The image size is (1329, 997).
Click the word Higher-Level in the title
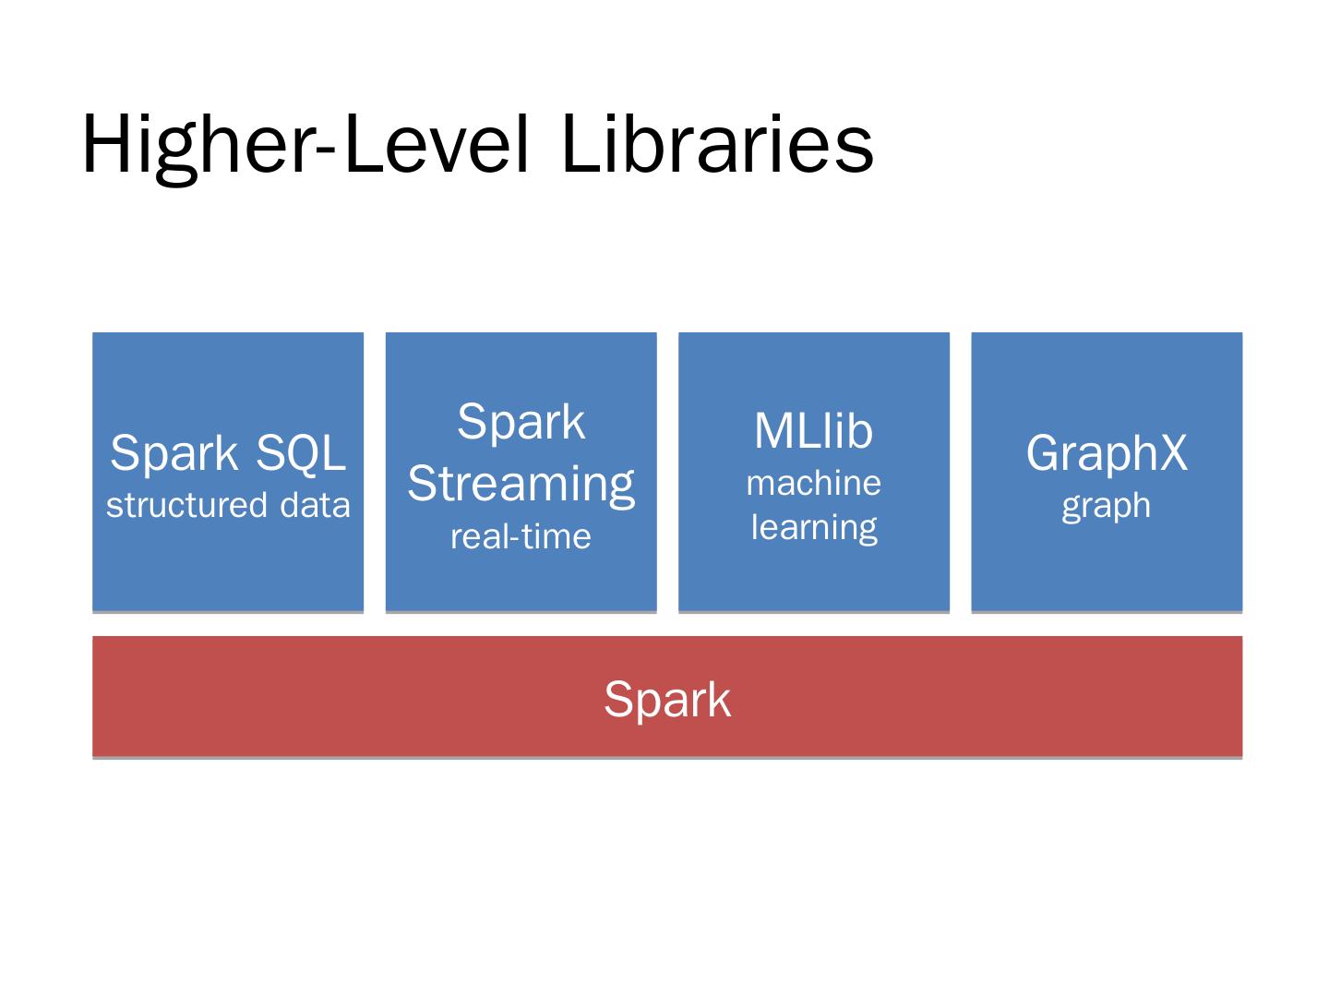pyautogui.click(x=305, y=145)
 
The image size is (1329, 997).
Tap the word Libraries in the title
pyautogui.click(x=716, y=145)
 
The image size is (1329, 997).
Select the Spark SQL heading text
pyautogui.click(x=228, y=452)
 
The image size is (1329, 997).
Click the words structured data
pyautogui.click(x=228, y=505)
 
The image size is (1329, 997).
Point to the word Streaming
pyautogui.click(x=521, y=484)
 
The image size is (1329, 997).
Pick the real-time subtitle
pyautogui.click(x=521, y=536)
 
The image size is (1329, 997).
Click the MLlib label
pyautogui.click(x=813, y=431)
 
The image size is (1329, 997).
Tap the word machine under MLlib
pyautogui.click(x=813, y=483)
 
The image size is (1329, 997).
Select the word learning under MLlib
pyautogui.click(x=813, y=527)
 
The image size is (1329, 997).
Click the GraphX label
pyautogui.click(x=1107, y=452)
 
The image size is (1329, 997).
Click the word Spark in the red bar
pyautogui.click(x=667, y=699)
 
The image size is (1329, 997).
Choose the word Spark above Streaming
pyautogui.click(x=521, y=423)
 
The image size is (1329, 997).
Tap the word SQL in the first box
pyautogui.click(x=301, y=452)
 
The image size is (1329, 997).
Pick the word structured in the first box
pyautogui.click(x=184, y=505)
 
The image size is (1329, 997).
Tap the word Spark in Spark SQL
pyautogui.click(x=174, y=452)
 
